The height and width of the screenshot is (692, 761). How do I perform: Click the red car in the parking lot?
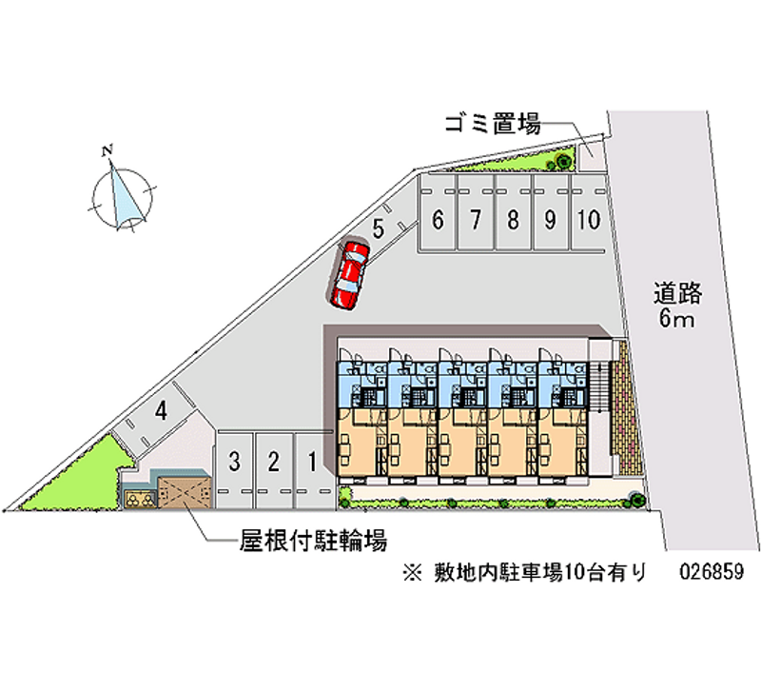coord(348,274)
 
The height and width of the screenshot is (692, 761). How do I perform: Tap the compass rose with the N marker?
coord(121,194)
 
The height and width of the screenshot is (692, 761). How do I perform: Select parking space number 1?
coord(312,464)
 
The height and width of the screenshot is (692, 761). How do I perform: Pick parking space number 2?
coord(273,464)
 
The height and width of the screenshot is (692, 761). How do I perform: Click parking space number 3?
coord(234,464)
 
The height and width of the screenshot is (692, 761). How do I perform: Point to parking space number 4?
coord(162,412)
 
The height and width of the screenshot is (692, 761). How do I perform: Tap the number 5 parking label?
coord(378,228)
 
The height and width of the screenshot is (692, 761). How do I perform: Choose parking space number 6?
coord(438,220)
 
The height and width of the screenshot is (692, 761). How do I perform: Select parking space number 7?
coord(475,220)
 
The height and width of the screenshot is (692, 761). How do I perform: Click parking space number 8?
coord(513,220)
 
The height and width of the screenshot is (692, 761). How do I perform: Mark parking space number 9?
coord(550,220)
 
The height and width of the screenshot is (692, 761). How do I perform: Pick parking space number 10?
coord(588,220)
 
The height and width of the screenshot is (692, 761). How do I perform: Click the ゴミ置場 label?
coord(492,124)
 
